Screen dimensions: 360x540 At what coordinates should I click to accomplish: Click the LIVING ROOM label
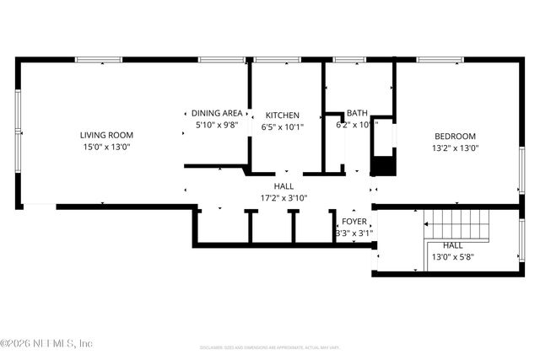[x=106, y=135]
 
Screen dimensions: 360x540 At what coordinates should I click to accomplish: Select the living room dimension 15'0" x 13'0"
[x=106, y=147]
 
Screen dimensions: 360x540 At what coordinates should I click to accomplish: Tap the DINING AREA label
[x=217, y=113]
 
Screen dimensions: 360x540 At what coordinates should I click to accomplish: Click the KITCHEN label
[x=283, y=116]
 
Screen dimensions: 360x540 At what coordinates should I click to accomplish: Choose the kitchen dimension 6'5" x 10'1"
[x=283, y=127]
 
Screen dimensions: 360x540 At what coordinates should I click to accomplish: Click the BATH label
[x=356, y=112]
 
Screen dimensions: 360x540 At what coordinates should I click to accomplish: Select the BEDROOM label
[x=456, y=137]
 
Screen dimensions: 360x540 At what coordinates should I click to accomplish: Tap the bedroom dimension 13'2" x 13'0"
[x=456, y=148]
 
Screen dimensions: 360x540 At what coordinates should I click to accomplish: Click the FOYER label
[x=354, y=222]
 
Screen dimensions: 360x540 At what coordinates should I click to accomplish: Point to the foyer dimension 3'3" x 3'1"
[x=354, y=234]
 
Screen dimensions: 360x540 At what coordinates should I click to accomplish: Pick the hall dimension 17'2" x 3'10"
[x=283, y=198]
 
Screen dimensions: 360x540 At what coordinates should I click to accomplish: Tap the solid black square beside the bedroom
[x=384, y=164]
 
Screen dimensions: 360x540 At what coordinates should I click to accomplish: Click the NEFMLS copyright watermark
[x=46, y=343]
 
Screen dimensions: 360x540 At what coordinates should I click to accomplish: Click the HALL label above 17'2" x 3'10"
[x=283, y=186]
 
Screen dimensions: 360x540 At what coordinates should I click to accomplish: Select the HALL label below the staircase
[x=452, y=245]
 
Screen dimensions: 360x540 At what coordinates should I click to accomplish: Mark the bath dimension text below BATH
[x=356, y=125]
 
